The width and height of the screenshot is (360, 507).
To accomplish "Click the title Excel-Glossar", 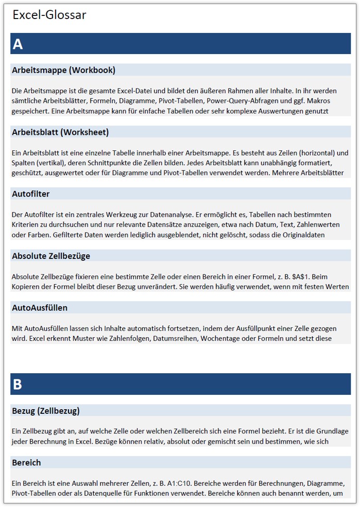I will coord(49,15).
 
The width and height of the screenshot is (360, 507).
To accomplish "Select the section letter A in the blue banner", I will coord(18,44).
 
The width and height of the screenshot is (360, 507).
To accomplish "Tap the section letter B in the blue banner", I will coord(18,384).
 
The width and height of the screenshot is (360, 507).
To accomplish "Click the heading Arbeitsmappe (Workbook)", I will coord(63,70).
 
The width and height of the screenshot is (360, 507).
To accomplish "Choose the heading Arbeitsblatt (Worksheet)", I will coord(60,132).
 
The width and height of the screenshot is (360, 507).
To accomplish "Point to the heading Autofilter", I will coord(31,194).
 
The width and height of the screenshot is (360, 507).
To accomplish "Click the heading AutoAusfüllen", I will coord(40,308).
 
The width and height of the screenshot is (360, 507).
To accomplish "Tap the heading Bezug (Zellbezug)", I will coord(46,411).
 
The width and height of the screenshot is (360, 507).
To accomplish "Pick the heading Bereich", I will coord(26,462).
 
